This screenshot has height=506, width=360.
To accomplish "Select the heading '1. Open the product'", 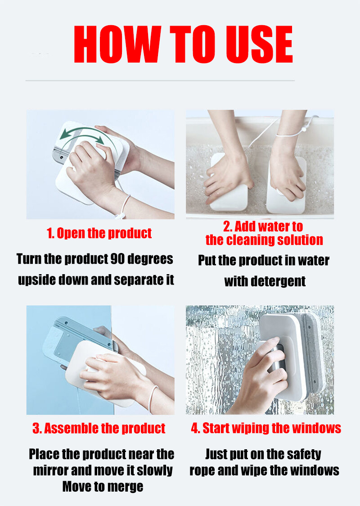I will coord(99,233).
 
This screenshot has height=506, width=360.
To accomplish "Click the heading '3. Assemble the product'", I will coord(99,428).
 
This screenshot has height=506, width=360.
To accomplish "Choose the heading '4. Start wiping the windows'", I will coord(265,428).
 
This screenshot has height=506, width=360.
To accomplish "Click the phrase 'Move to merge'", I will coord(103,487).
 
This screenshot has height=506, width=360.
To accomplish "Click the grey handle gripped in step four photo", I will coord(275,360).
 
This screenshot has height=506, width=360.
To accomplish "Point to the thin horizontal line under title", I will coord(160,81).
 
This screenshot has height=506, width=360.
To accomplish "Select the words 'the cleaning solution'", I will coord(264,240).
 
